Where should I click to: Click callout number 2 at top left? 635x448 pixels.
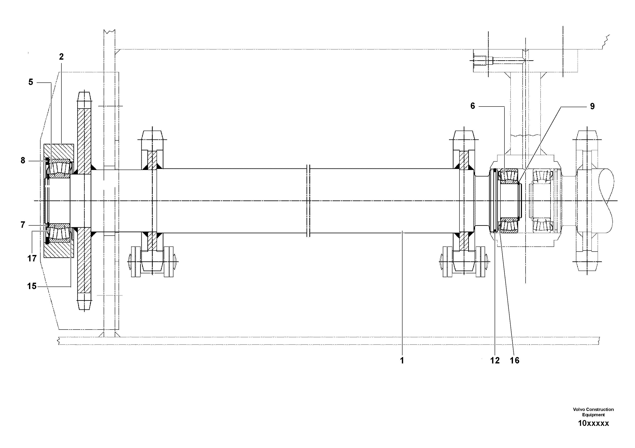coord(61,57)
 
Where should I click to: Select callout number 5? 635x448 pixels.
coord(31,82)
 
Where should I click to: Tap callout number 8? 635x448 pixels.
coord(23,160)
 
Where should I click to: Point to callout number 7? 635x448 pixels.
coord(23,225)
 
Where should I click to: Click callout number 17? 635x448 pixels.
coord(32,259)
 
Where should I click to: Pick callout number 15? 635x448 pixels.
coord(32,286)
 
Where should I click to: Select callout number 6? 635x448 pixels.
coord(473,106)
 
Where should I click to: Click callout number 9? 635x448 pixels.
coord(592,106)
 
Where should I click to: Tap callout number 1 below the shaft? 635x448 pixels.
coord(402,360)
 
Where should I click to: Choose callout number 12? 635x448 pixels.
coord(495,360)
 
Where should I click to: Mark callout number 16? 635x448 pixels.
coord(515,360)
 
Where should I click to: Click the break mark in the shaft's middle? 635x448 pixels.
coord(308,201)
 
